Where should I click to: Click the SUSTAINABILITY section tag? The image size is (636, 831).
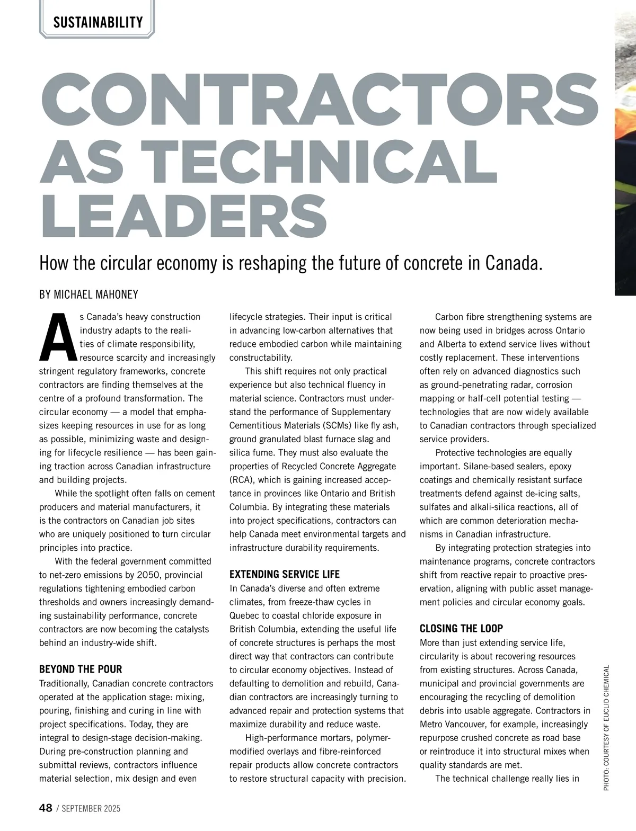tap(98, 22)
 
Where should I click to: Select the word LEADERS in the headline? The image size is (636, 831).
tap(183, 217)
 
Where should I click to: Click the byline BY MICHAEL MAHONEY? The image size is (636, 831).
tap(89, 294)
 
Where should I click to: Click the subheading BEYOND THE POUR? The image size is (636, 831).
tap(81, 669)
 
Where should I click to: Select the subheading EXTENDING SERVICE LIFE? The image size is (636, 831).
tap(284, 574)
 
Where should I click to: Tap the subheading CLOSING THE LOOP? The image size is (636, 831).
tap(461, 629)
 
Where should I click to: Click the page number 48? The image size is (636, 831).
tap(46, 808)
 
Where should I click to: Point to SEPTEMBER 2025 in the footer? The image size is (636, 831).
tap(92, 808)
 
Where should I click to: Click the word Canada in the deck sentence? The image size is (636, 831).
tap(512, 263)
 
